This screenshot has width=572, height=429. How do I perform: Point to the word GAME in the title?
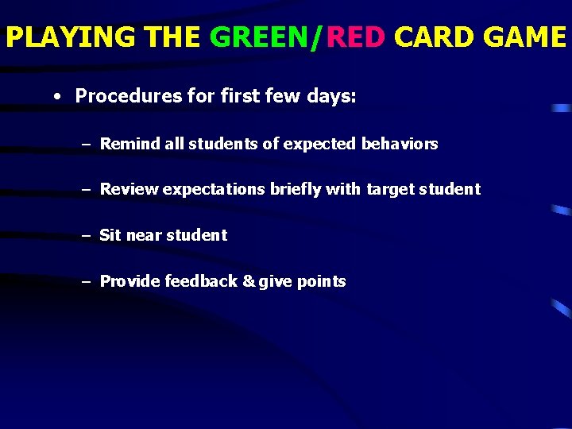(x=521, y=37)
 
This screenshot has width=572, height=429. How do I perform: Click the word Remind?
(x=130, y=144)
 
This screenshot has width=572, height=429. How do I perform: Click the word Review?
(x=129, y=189)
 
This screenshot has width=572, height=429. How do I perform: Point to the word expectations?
(x=214, y=189)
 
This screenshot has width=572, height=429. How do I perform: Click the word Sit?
(x=110, y=235)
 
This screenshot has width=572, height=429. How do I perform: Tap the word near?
(x=143, y=235)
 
